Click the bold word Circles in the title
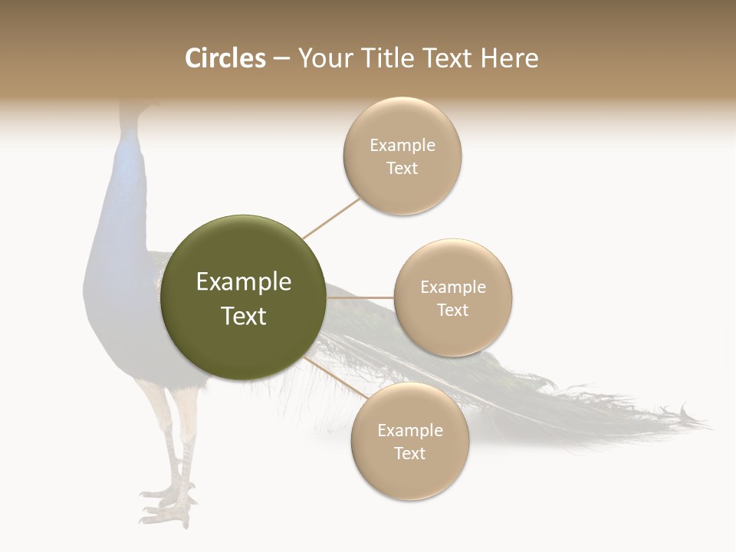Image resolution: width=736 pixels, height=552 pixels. point(225,58)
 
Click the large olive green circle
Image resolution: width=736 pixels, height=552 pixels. point(244,297)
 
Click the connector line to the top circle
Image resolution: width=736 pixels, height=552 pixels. point(331,218)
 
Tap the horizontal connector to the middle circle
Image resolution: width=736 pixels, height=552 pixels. point(360,297)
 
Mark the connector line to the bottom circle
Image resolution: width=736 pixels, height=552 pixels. point(336,378)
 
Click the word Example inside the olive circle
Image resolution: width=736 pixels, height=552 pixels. point(244,282)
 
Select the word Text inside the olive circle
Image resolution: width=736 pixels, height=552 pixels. point(244,316)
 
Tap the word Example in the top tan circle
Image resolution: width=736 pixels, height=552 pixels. point(402,146)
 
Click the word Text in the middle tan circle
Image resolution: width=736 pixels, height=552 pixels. point(452,310)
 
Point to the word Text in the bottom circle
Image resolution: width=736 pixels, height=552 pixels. point(409,454)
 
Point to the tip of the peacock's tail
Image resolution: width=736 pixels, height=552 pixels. point(701,421)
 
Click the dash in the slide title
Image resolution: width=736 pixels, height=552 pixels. point(281,59)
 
